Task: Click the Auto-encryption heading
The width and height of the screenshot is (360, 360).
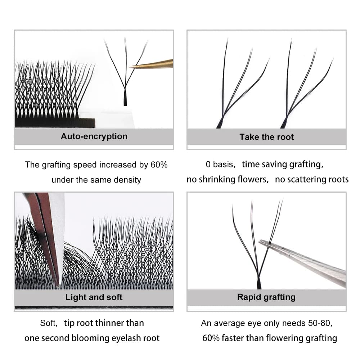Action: [x=94, y=136]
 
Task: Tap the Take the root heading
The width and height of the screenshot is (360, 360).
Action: [x=266, y=137]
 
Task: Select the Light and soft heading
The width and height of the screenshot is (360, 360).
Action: [x=94, y=297]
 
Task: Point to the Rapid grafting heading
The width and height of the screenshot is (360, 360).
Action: [x=266, y=297]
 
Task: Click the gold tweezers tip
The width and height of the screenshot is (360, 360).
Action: [x=130, y=67]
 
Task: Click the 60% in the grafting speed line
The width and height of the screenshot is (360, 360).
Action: [x=159, y=165]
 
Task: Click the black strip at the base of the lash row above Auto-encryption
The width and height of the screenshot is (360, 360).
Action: [x=55, y=123]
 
